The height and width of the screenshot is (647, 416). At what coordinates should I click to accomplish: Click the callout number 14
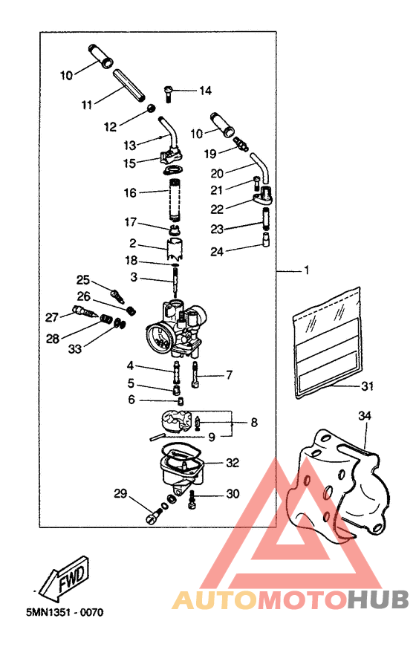pyautogui.click(x=205, y=91)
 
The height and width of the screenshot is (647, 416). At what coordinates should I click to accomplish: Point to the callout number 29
pyautogui.click(x=120, y=494)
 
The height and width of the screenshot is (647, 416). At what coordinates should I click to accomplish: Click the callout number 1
pyautogui.click(x=305, y=271)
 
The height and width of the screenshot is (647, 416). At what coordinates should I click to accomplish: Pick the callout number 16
pyautogui.click(x=130, y=192)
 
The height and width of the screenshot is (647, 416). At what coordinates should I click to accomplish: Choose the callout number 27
pyautogui.click(x=51, y=317)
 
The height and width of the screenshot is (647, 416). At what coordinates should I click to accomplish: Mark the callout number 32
pyautogui.click(x=233, y=462)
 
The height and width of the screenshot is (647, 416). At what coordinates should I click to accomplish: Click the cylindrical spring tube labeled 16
pyautogui.click(x=176, y=196)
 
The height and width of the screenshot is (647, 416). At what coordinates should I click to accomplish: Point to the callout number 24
pyautogui.click(x=216, y=252)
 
